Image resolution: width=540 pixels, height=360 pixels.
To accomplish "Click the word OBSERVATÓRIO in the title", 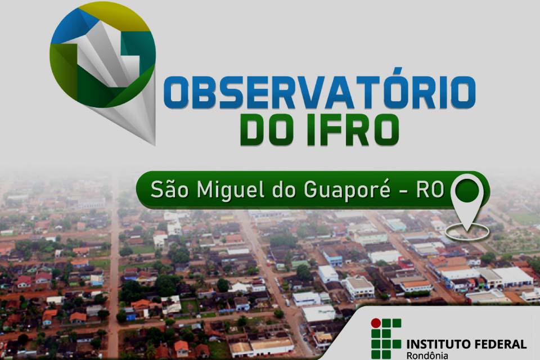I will [x=319, y=92].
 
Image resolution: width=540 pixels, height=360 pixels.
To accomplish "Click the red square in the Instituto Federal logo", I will [x=375, y=323].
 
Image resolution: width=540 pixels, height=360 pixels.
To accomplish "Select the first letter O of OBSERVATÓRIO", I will [x=176, y=93].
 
